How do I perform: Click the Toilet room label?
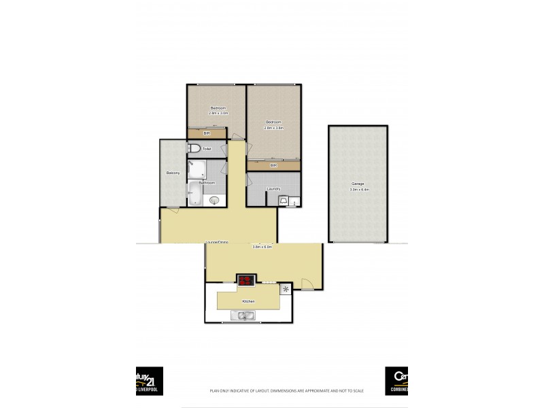[x=207, y=149]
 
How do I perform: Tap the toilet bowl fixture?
[x=194, y=149]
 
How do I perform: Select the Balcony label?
[x=173, y=173]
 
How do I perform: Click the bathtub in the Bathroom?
[x=193, y=195]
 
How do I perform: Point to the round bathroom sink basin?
[x=216, y=200]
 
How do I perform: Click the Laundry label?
[x=273, y=188]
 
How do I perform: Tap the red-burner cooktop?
[x=245, y=279]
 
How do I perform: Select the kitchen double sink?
[x=243, y=315]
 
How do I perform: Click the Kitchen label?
[x=248, y=301]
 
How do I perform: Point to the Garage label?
[x=358, y=184]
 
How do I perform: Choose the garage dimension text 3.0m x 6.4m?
[x=358, y=190]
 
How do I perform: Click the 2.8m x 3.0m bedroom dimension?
[x=218, y=114]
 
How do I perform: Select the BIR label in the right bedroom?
[x=273, y=165]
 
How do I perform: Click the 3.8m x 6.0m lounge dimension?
[x=262, y=247]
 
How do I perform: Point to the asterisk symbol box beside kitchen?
[x=286, y=290]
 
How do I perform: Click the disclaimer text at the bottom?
[x=287, y=391]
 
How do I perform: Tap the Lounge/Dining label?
[x=218, y=242]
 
